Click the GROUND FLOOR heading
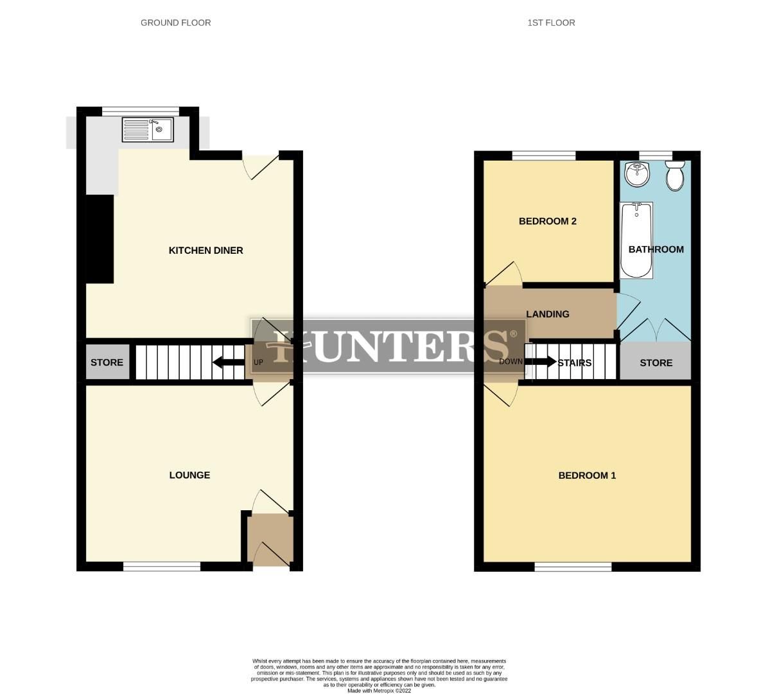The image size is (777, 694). coord(175,22)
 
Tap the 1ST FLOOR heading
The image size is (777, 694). coord(551,22)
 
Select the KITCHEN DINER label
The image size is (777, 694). coord(205,250)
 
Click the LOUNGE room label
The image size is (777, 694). coord(189,475)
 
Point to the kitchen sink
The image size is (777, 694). coord(148,130)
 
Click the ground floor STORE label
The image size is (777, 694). coord(107,362)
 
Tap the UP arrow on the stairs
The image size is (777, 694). coord(227,362)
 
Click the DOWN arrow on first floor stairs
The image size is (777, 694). coord(541,362)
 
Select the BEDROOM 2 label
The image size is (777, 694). coord(547,221)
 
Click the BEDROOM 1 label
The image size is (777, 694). coord(587,476)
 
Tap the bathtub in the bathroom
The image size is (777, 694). coord(636,240)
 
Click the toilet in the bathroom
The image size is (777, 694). coord(675,176)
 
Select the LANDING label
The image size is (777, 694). coord(547,314)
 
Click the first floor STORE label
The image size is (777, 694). coord(656,362)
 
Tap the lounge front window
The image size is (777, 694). coord(162,566)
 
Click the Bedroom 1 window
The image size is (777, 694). coord(573,566)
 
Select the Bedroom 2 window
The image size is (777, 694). coord(543,155)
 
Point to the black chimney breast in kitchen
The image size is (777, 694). coord(100,238)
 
